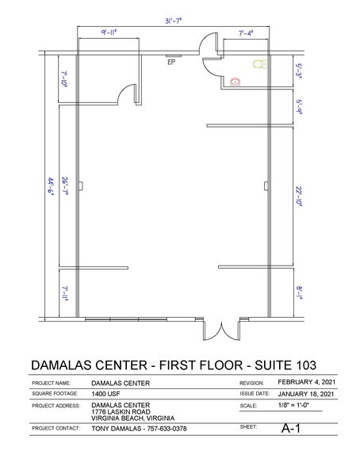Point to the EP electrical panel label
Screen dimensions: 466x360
click(170, 64)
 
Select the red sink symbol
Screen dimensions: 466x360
click(235, 80)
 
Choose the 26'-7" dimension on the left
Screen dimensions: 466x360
click(64, 190)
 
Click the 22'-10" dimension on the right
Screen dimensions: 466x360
click(299, 195)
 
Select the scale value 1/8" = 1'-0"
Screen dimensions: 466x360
click(293, 406)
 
